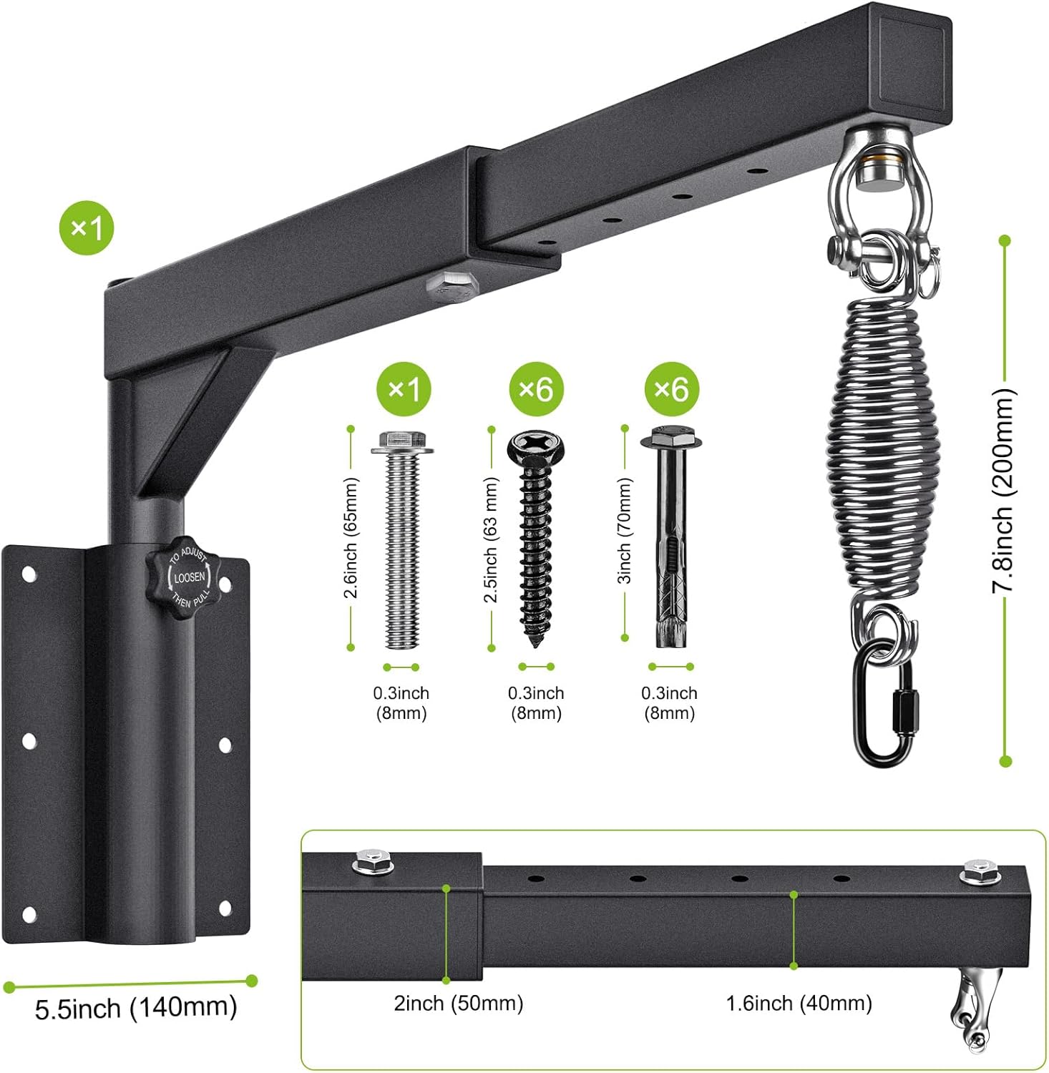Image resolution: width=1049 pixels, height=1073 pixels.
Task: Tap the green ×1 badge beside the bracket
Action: pos(87,227)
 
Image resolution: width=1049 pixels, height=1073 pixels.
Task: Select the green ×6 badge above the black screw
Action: pos(536,389)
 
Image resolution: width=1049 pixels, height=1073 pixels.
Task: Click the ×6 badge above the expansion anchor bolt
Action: pos(671,389)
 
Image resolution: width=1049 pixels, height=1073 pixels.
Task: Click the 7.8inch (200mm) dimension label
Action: pos(1003,491)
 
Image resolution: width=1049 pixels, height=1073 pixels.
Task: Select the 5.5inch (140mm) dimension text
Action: pos(136,1007)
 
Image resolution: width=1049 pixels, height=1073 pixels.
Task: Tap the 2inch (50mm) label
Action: pos(459,1003)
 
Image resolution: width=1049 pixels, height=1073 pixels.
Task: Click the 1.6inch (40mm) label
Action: pos(799,1003)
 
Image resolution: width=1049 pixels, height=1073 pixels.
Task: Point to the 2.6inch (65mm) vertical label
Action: pos(351,538)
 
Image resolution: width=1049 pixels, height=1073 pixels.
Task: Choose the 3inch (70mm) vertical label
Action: pos(625,531)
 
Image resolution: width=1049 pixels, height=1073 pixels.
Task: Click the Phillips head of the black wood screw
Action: pos(536,447)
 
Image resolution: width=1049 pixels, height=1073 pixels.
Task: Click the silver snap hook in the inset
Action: pos(971,1009)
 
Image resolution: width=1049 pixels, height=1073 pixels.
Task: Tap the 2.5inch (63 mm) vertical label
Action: pos(492,539)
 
